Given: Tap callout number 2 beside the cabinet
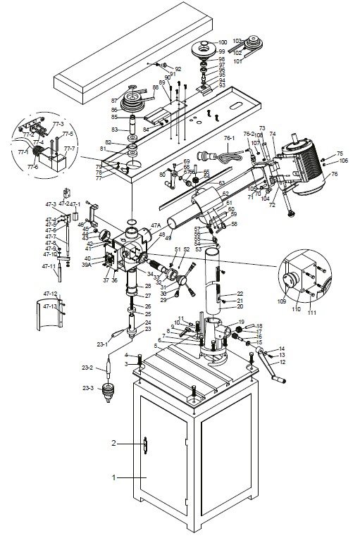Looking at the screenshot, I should [113, 444].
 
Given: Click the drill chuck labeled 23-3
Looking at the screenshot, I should [108, 390].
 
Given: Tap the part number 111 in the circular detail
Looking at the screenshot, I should [311, 311].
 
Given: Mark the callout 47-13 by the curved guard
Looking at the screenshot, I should [51, 307].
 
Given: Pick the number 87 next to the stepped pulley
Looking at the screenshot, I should [114, 101].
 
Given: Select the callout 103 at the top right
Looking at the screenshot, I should [237, 41].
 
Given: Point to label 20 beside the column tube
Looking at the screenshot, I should [240, 307].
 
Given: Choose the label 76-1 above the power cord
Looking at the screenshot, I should [230, 139].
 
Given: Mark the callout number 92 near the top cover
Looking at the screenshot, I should [178, 68].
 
